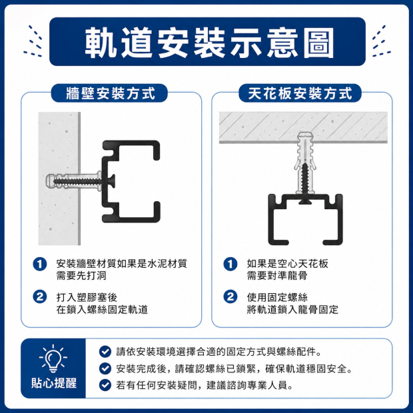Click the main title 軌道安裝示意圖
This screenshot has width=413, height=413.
(x=209, y=42)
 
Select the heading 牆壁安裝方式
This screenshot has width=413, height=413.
(x=111, y=93)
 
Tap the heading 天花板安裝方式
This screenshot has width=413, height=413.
(x=300, y=93)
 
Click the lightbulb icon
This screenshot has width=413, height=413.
(x=53, y=358)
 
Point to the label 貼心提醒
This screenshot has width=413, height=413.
(x=54, y=383)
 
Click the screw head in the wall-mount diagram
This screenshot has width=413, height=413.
(x=112, y=181)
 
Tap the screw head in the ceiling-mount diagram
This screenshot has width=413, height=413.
(x=305, y=201)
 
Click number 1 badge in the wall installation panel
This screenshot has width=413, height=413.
(x=40, y=264)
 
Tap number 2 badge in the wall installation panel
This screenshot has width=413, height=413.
(x=40, y=297)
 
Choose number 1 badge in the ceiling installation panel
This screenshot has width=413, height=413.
(x=230, y=264)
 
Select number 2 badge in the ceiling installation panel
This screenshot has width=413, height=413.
(x=230, y=297)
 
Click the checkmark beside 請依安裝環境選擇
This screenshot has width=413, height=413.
(x=105, y=352)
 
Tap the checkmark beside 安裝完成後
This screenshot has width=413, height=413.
(x=105, y=368)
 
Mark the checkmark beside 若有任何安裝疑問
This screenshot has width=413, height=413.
(x=105, y=385)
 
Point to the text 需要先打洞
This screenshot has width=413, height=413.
(x=81, y=276)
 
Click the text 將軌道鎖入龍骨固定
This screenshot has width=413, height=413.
(x=292, y=309)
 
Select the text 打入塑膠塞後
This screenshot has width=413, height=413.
(x=87, y=297)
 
